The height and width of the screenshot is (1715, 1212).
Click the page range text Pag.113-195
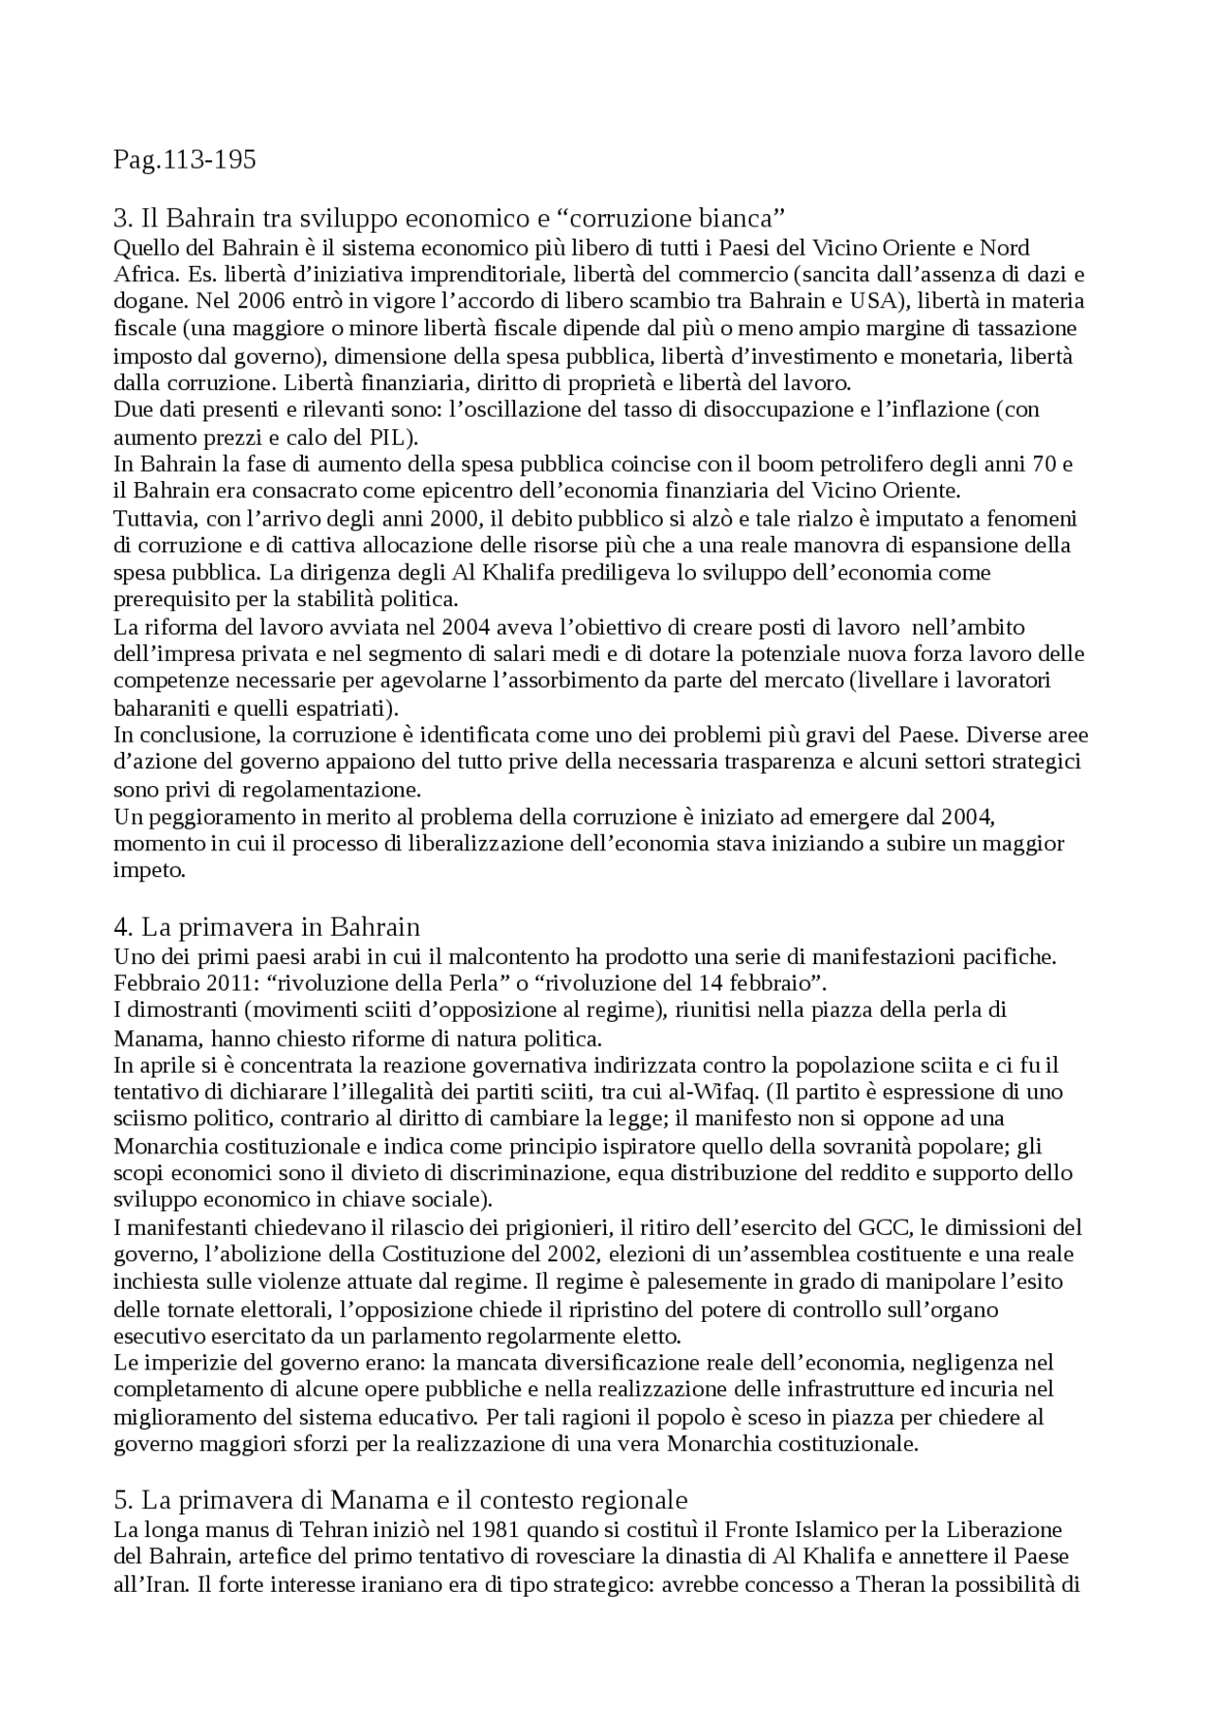[x=185, y=160]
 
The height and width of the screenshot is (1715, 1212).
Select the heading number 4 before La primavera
[x=121, y=925]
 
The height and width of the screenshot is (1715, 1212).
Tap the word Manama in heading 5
[x=368, y=1501]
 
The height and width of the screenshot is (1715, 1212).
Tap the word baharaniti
[x=156, y=708]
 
